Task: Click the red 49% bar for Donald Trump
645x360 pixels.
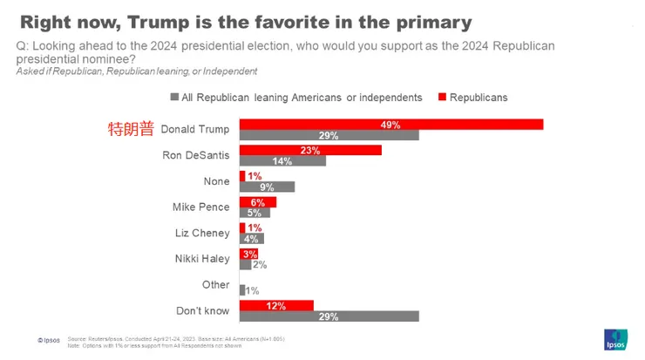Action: point(391,125)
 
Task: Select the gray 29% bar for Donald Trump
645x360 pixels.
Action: point(329,135)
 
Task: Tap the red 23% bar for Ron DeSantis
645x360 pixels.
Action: point(310,150)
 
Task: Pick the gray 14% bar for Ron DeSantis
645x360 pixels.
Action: point(282,161)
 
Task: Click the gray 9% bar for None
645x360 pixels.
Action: point(267,187)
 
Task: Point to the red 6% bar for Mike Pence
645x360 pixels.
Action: point(258,202)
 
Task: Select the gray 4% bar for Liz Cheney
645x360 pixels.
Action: point(251,238)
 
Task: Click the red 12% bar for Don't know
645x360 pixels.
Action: point(276,305)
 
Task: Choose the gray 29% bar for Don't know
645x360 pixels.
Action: point(329,316)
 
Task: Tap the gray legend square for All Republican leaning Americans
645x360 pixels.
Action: point(174,98)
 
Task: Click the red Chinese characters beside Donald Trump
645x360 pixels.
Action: point(131,129)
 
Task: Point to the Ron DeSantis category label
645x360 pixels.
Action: point(196,155)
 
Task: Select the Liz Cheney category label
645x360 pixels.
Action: point(202,233)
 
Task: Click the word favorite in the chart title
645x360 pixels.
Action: point(283,22)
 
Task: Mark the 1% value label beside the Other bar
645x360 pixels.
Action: point(253,290)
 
